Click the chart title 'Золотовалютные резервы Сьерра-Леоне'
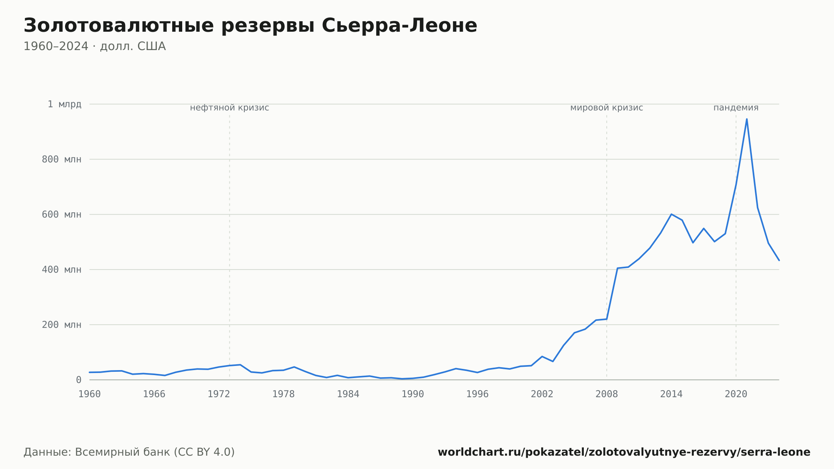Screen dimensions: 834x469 pos(250,25)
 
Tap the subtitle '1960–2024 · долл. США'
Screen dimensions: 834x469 pos(95,46)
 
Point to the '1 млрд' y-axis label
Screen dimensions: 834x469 pos(64,104)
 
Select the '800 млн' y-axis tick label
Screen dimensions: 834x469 pos(62,159)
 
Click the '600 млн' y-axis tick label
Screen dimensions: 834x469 pos(62,214)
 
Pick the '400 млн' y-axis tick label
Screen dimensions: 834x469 pos(62,270)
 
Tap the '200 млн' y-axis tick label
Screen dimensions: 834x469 pos(62,325)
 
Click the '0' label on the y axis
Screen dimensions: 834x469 pos(79,380)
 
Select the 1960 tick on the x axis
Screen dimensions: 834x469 pos(90,394)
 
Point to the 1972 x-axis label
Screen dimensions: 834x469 pos(219,394)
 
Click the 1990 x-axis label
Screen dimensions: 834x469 pos(413,394)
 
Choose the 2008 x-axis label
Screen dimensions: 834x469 pos(607,394)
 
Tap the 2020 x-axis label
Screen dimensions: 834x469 pos(736,394)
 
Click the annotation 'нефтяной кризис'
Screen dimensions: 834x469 pos(229,108)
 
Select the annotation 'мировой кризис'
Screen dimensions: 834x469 pos(607,108)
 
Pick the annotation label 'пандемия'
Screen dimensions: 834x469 pos(736,108)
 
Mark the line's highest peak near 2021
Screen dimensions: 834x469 pos(746,119)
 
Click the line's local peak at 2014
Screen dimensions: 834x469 pos(671,214)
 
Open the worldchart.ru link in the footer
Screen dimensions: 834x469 pos(624,452)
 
